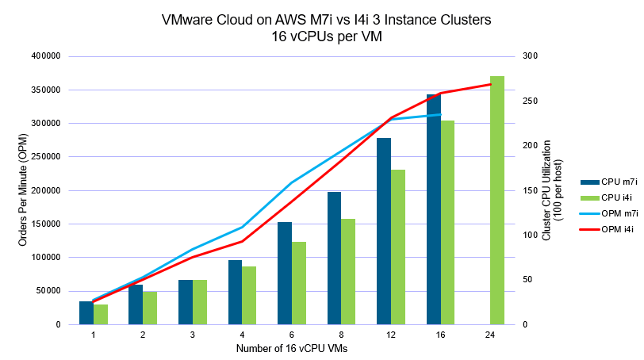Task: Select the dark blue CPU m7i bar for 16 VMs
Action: (x=433, y=209)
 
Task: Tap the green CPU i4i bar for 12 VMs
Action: (x=398, y=247)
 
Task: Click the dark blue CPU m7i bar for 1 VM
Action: (x=86, y=312)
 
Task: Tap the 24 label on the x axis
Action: (x=490, y=336)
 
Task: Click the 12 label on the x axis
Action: (x=391, y=336)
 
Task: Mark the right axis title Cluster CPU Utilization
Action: (x=547, y=190)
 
